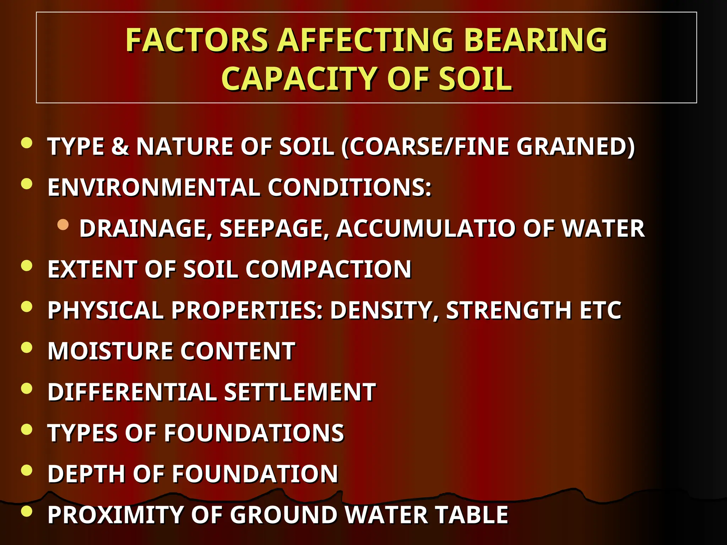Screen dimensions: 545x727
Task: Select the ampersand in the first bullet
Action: tap(120, 146)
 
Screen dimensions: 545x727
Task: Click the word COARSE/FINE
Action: tap(429, 146)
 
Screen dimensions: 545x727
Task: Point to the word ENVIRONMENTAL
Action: tap(154, 187)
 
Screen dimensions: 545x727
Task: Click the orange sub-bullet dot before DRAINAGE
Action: tap(63, 225)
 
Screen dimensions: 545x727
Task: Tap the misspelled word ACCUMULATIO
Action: tap(425, 228)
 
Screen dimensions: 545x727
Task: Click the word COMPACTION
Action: tap(328, 269)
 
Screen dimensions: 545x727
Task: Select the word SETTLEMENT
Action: tap(300, 392)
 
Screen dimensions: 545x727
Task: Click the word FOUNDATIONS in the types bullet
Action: tap(254, 433)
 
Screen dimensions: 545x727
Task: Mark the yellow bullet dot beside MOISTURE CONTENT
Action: tap(27, 347)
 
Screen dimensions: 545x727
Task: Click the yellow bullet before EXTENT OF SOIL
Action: tap(27, 265)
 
